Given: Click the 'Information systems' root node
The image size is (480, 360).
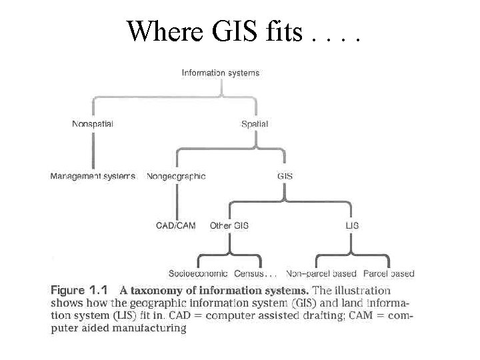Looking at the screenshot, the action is tap(221, 73).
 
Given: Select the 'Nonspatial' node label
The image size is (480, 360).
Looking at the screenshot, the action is tap(93, 124).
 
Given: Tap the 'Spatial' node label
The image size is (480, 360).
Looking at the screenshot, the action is tap(255, 124).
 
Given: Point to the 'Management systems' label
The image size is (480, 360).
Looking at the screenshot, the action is tap(93, 176).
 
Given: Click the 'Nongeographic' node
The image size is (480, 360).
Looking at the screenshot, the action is tap(176, 176).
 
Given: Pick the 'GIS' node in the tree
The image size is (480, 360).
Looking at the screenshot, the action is tap(285, 176).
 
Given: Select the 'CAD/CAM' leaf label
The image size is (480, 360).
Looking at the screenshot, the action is tap(176, 225).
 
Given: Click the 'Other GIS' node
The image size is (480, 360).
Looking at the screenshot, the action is tap(229, 225).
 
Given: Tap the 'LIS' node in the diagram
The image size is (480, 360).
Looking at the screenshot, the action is tap(352, 225).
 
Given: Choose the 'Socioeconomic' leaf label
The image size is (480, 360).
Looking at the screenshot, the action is tap(198, 273).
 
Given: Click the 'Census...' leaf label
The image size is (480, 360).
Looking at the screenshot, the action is tap(255, 273).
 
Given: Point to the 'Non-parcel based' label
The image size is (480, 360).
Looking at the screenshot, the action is tap(321, 273).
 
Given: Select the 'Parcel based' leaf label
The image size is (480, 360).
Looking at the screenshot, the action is tap(389, 273).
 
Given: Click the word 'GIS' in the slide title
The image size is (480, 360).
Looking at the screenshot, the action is tap(235, 31).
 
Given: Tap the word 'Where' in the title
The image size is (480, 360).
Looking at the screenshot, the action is tap(165, 31).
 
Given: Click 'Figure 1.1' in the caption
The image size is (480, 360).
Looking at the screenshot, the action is tap(79, 290).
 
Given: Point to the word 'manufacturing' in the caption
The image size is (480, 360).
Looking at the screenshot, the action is tap(149, 328).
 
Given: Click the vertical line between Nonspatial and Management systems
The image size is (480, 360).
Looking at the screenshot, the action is tap(93, 150).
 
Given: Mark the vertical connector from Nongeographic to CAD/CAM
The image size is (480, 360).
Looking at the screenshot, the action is tap(177, 202).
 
